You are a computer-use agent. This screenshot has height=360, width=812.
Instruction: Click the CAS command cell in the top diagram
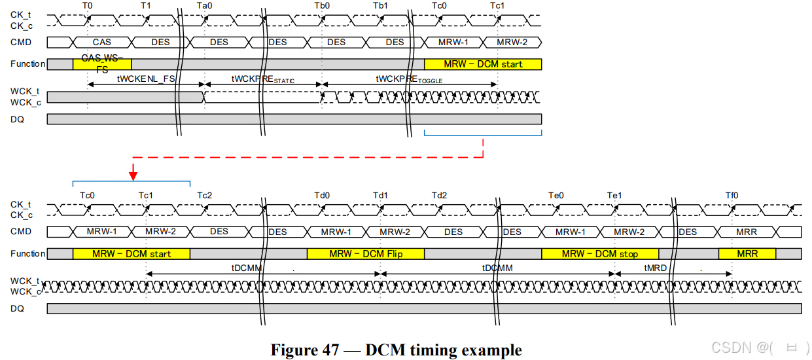tap(101, 43)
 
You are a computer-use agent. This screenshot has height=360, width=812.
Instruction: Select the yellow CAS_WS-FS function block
tap(102, 63)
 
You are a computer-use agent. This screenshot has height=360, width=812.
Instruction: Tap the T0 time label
tap(88, 5)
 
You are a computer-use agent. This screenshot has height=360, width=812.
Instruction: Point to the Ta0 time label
tap(204, 5)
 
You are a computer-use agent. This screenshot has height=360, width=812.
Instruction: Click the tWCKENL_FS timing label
tap(145, 78)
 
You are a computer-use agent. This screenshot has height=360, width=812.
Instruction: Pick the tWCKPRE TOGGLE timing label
tap(409, 79)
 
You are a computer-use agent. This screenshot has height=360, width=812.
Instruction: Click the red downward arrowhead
tap(133, 173)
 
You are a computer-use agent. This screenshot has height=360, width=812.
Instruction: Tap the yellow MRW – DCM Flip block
tap(366, 254)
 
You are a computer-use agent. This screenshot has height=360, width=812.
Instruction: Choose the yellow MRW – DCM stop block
tap(600, 254)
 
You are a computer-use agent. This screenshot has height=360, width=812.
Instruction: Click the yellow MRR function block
tap(747, 254)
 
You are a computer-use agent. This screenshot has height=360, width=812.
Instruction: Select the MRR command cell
tap(747, 232)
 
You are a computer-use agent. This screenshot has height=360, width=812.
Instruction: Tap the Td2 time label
tap(439, 195)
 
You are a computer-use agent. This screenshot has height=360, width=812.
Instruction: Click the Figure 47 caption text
tap(396, 350)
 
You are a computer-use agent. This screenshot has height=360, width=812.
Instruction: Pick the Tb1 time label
tap(380, 5)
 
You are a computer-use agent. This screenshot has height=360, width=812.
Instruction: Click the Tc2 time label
tap(205, 195)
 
